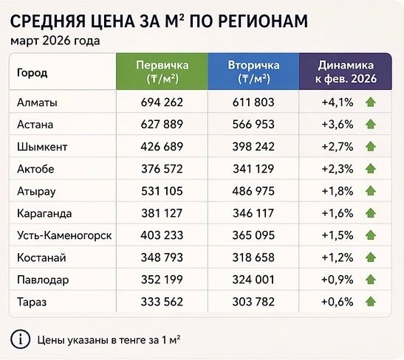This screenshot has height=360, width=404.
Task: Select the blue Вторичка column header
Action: point(253,72)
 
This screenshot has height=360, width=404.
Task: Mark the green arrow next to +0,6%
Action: point(370,301)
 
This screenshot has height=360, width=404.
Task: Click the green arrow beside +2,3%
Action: point(370,170)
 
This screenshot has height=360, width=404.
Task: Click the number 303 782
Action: point(253,301)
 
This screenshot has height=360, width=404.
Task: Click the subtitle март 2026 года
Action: point(55,41)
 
